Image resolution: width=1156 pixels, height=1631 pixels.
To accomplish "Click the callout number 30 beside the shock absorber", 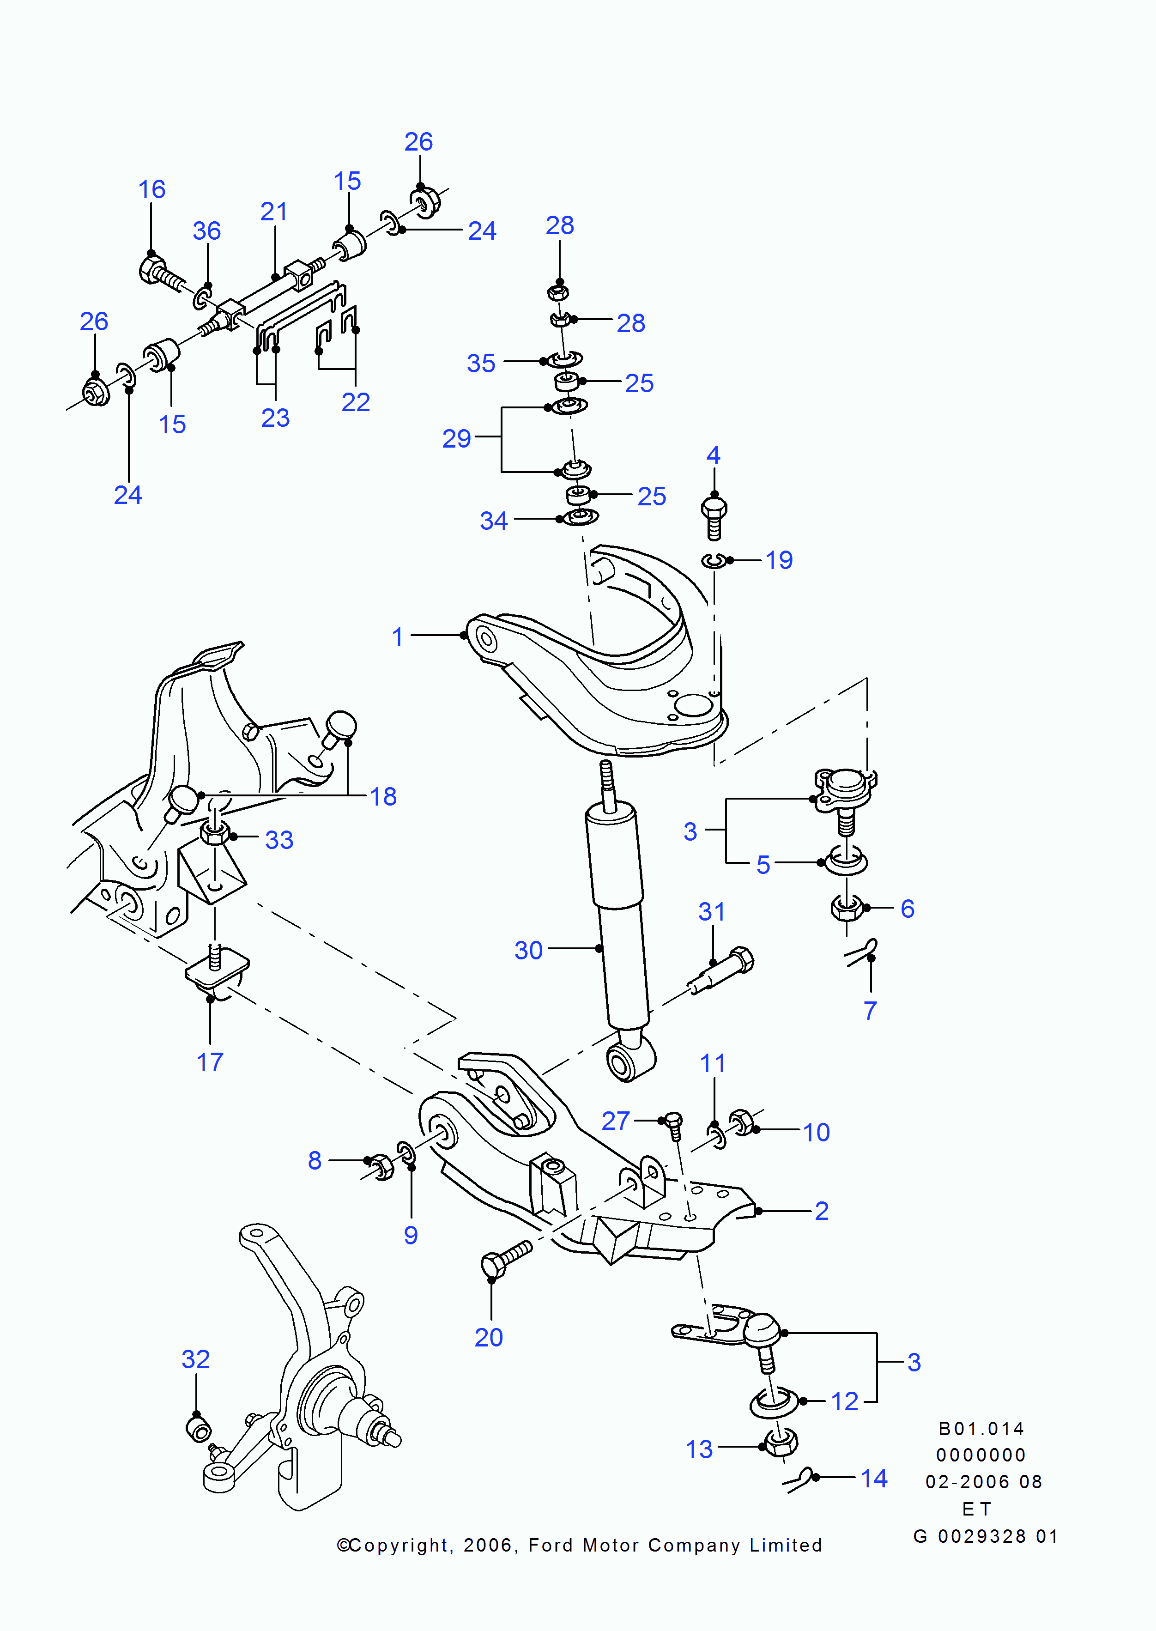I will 528,951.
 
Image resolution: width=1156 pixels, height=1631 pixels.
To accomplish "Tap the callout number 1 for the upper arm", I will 398,637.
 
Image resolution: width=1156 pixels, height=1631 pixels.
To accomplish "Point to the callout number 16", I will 151,189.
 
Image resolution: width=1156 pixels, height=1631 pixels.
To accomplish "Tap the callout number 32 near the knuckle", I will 196,1359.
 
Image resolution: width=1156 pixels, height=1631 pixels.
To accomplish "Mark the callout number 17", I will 210,1062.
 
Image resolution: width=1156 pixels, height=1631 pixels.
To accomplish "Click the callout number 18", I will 383,797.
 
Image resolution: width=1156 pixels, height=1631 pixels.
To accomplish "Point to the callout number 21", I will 274,212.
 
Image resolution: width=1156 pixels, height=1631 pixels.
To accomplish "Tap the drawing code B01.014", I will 981,1429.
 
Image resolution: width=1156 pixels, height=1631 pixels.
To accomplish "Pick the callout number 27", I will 616,1121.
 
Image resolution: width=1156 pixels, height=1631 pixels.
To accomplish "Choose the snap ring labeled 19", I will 713,561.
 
